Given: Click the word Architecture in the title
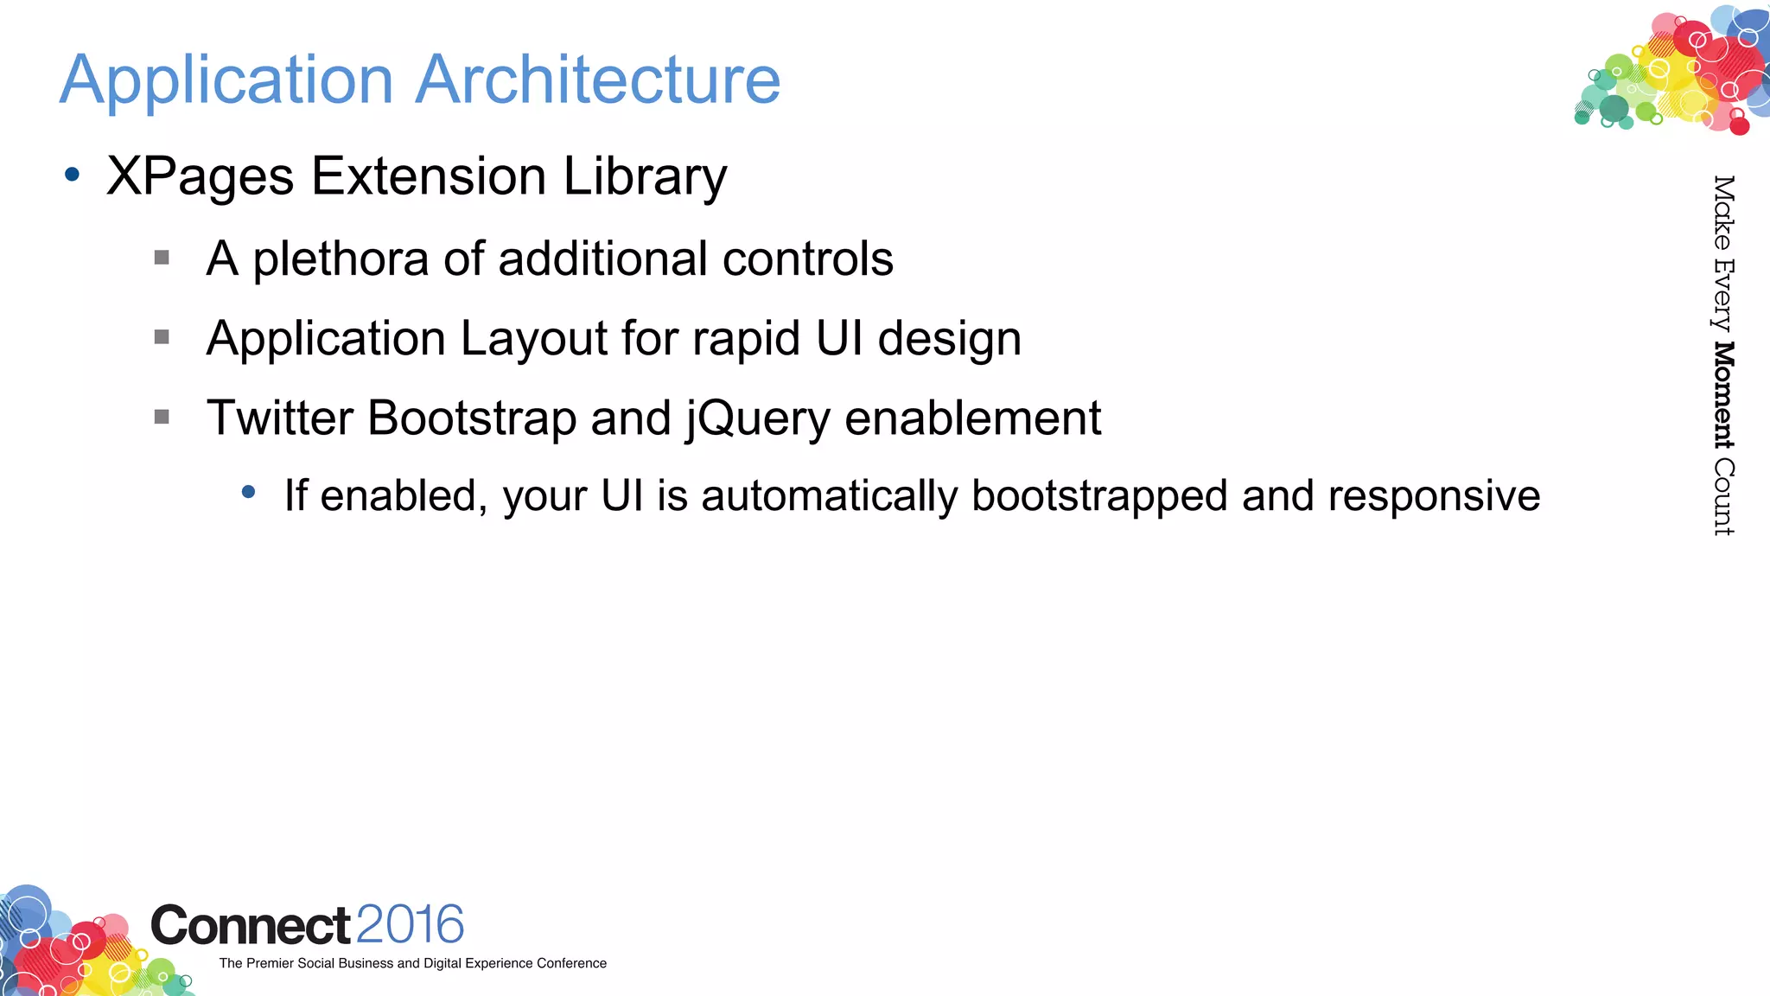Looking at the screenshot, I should click(x=598, y=80).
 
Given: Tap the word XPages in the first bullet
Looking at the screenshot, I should click(x=200, y=177).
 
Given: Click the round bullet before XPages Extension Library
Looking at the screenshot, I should click(x=73, y=176).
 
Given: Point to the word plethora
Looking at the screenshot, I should click(x=341, y=259).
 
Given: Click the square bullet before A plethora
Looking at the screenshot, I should click(x=162, y=258).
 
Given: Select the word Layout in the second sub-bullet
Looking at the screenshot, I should click(x=533, y=338).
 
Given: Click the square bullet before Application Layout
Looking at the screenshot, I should click(x=162, y=337).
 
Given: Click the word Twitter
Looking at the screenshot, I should click(x=278, y=418).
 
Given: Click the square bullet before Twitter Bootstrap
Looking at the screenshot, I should click(x=162, y=418).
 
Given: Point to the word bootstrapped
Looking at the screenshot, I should click(x=1099, y=497).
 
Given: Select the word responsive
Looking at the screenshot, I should click(x=1434, y=497).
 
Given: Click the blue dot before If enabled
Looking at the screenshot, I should click(x=249, y=492).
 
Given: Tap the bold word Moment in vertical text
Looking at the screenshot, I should click(x=1724, y=395).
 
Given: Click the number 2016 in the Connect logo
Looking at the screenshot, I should click(x=410, y=925).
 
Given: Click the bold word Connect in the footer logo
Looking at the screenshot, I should click(x=251, y=926).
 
